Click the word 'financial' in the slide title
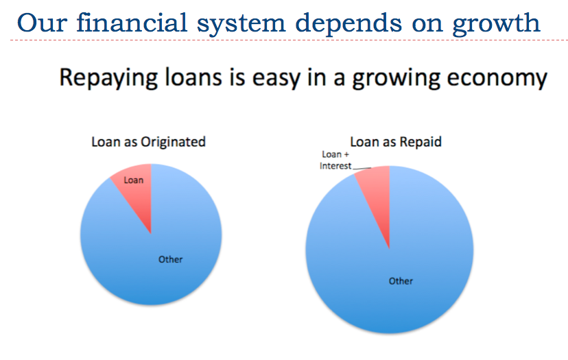click(x=132, y=23)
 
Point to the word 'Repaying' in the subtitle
click(x=108, y=78)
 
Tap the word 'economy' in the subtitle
click(x=497, y=80)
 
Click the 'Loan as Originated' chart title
click(x=149, y=142)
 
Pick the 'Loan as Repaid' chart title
click(x=396, y=142)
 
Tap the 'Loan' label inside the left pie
click(x=134, y=180)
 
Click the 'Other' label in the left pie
click(x=170, y=259)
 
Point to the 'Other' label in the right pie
click(x=401, y=281)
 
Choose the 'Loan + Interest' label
click(x=335, y=160)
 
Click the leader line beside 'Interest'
click(x=362, y=168)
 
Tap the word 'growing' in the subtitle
click(x=396, y=80)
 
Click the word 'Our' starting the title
click(x=42, y=23)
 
